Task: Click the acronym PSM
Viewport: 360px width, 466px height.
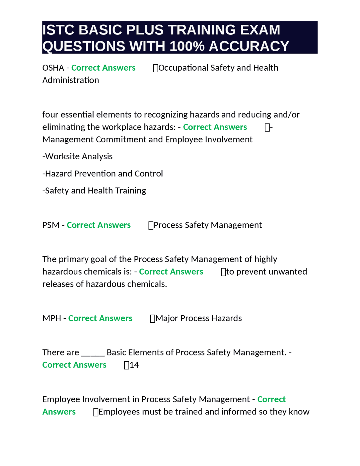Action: point(51,225)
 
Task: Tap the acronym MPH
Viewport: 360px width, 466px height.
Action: point(51,318)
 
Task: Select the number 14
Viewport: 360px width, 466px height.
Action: point(134,365)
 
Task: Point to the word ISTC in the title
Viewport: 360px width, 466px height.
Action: point(58,30)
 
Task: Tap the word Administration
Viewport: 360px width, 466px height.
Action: point(71,80)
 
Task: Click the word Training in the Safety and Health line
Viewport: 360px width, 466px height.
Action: point(131,191)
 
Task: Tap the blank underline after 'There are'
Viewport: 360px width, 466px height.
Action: point(93,353)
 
